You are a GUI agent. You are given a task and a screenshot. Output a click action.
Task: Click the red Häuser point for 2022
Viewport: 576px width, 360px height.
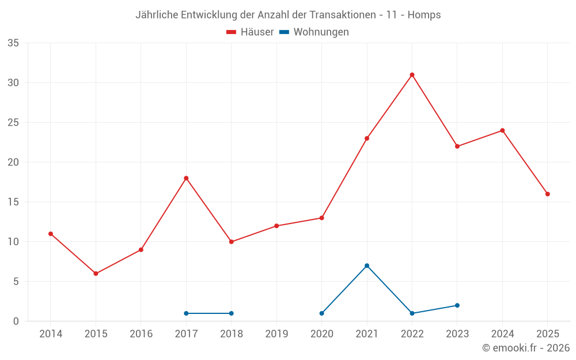point(412,75)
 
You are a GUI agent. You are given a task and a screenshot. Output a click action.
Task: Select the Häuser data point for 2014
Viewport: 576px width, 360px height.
point(51,234)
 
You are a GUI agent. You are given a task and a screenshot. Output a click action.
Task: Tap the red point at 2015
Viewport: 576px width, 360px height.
point(96,274)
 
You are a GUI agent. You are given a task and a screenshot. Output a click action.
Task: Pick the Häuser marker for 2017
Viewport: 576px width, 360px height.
point(186,178)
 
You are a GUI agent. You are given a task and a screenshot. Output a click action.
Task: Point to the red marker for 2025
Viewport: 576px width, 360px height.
point(547,194)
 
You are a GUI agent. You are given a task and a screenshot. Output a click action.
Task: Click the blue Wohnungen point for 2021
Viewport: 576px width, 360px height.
point(367,266)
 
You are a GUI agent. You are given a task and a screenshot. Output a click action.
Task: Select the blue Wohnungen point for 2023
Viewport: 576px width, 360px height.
point(457,305)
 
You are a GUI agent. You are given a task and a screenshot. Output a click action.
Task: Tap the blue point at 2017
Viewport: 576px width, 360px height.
point(186,313)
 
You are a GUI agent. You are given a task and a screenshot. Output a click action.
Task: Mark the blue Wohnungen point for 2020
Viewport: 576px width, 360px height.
point(321,313)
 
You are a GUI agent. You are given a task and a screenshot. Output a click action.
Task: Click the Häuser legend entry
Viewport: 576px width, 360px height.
point(250,32)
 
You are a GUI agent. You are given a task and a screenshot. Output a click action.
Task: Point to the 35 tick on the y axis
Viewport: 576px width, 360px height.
point(13,43)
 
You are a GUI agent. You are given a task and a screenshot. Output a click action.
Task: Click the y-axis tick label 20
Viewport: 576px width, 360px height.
point(13,162)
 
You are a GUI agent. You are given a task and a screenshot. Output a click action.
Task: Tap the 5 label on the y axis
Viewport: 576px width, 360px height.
point(16,282)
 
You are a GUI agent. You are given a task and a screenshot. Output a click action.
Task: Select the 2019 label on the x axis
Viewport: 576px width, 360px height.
point(276,334)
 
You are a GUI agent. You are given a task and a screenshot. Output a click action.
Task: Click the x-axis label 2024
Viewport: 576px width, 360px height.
point(502,334)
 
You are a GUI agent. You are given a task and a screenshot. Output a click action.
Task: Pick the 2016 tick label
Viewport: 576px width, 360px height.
point(141,334)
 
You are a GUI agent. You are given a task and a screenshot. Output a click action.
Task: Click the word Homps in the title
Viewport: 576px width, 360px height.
point(425,15)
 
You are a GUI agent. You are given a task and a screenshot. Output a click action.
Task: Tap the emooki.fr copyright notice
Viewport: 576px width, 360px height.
point(525,348)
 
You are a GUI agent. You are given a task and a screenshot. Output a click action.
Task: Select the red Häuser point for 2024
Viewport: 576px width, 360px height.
point(502,131)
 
